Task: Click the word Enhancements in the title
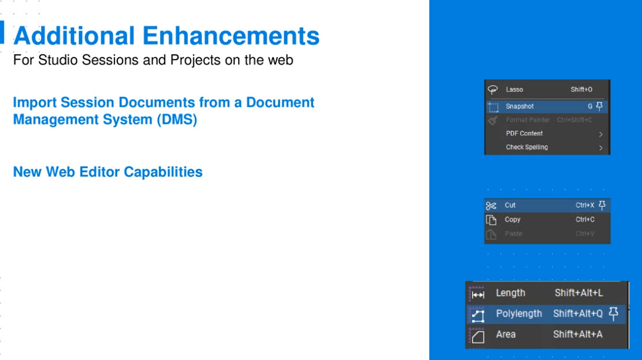point(231,36)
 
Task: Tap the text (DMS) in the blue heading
point(177,120)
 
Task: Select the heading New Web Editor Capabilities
point(107,172)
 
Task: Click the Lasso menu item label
point(514,90)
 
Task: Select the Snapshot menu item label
point(519,106)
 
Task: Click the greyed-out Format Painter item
point(528,120)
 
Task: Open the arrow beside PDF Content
point(600,134)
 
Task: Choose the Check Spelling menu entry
point(526,147)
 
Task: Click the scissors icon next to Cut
point(491,206)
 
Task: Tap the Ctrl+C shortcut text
point(585,220)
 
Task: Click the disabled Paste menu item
point(514,233)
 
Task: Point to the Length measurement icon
point(477,294)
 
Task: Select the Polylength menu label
point(519,314)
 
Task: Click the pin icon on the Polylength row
point(613,313)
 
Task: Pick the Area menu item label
point(506,334)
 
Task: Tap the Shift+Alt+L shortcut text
point(578,293)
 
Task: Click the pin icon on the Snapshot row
point(599,106)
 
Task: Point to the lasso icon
point(492,90)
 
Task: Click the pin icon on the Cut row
point(602,205)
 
